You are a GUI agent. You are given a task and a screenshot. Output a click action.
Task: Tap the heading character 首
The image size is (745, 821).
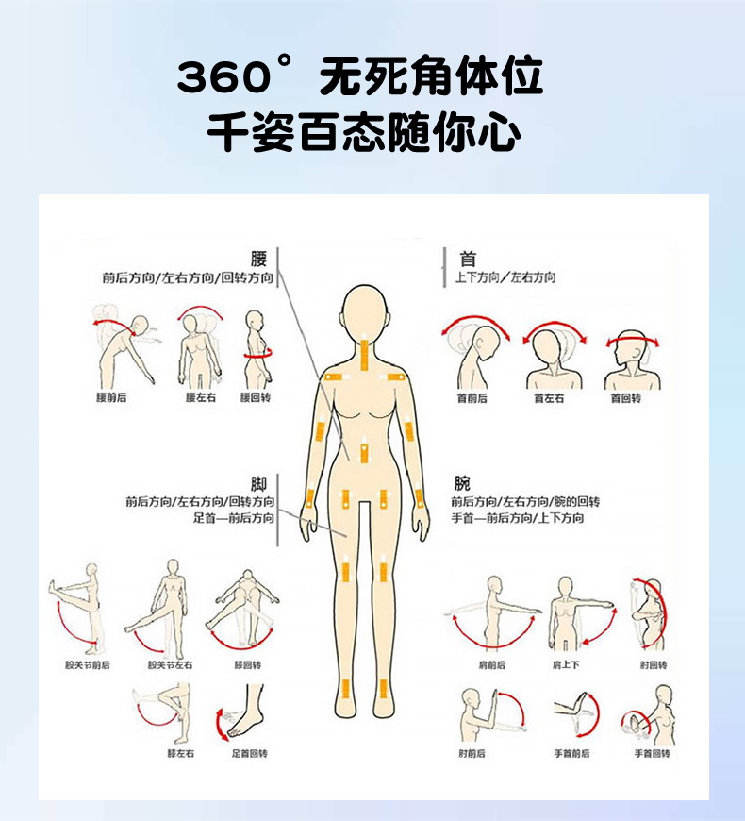(468, 258)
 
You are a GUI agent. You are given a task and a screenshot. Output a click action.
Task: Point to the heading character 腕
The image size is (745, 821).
(462, 483)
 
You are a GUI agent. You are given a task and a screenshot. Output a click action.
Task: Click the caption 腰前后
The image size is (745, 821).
(111, 398)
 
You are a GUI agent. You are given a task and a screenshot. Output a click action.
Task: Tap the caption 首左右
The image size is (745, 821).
(549, 398)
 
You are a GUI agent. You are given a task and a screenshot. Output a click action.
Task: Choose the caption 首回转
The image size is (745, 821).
(625, 398)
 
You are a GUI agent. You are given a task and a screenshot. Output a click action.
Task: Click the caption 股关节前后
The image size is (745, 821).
(88, 664)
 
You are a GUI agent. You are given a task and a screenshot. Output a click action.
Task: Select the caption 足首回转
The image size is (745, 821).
(250, 754)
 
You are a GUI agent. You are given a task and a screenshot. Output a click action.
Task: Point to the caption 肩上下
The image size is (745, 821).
(566, 664)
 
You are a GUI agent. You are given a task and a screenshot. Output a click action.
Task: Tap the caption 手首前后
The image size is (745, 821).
(572, 754)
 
